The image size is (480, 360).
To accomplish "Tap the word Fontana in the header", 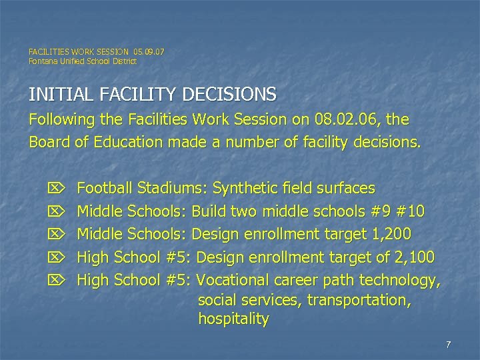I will [x=43, y=61].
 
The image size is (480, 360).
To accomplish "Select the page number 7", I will [x=449, y=345].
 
